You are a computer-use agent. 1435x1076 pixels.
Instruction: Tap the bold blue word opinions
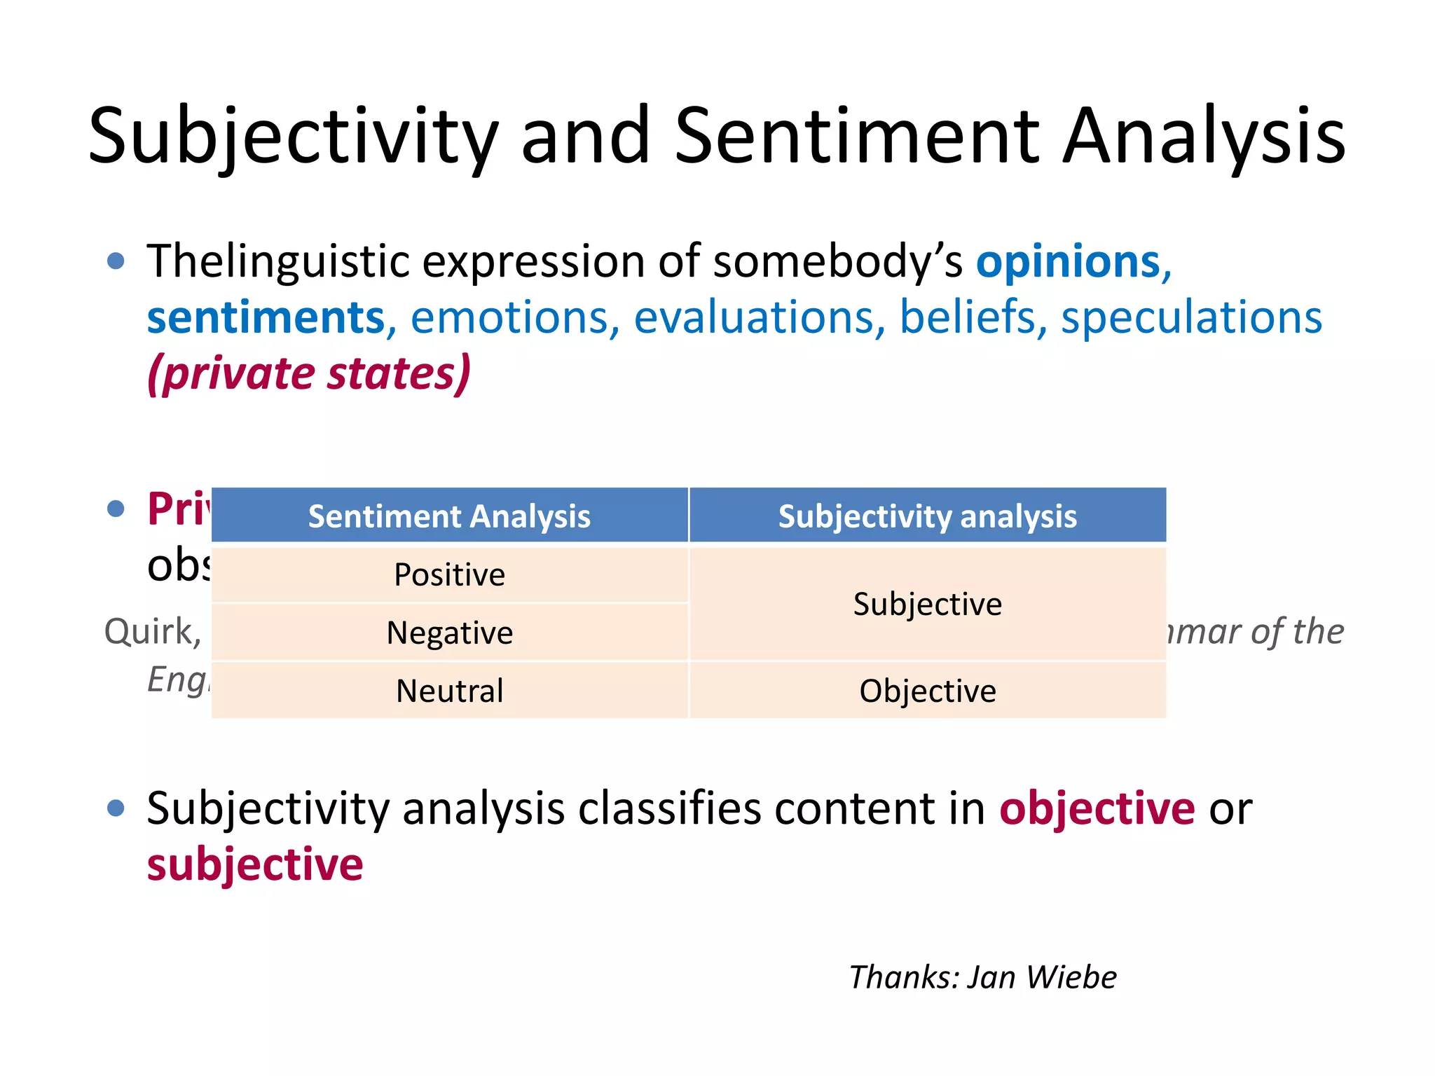1069,262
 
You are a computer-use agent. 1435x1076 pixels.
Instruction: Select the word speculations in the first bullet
1191,317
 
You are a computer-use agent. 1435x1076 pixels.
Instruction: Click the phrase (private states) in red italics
309,373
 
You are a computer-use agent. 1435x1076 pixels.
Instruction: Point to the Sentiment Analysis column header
449,516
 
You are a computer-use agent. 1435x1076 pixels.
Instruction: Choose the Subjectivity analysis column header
927,516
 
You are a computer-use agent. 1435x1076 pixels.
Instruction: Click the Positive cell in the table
449,575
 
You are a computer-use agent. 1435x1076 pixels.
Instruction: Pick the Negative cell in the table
449,633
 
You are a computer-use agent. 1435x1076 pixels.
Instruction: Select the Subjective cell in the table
927,605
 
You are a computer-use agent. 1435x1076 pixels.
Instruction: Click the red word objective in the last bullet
1097,809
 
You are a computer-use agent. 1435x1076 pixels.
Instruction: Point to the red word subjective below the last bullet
255,865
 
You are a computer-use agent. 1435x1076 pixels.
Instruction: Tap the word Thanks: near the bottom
903,977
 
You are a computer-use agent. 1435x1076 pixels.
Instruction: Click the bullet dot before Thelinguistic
116,262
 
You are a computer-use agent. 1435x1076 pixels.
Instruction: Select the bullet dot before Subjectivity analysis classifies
116,808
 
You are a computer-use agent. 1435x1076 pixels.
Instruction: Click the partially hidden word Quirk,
153,632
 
